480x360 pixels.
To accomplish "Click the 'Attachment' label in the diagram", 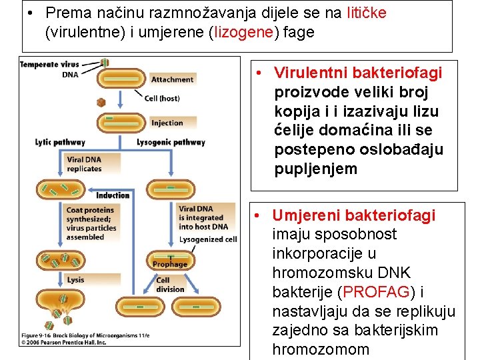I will coord(172,79).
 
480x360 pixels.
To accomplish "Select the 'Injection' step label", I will coord(167,123).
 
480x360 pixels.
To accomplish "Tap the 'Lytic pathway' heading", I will coord(60,142).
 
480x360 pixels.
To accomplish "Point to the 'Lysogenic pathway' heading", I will coord(171,142).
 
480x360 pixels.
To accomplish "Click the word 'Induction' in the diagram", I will coord(113,195).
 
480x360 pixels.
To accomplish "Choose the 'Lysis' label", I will coord(75,280).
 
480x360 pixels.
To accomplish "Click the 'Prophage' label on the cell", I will coord(170,265).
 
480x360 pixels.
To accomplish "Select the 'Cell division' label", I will coord(170,285).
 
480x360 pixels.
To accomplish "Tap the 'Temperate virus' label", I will coord(49,65).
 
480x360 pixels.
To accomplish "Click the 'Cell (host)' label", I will coord(162,99).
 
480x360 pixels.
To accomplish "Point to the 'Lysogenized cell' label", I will coord(208,239).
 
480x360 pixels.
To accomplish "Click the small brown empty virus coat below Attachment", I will coord(101,102).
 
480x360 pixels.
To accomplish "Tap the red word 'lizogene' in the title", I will coord(241,32).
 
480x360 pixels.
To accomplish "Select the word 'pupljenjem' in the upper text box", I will coord(315,169).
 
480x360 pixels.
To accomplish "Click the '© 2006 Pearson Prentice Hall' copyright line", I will coord(63,341).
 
